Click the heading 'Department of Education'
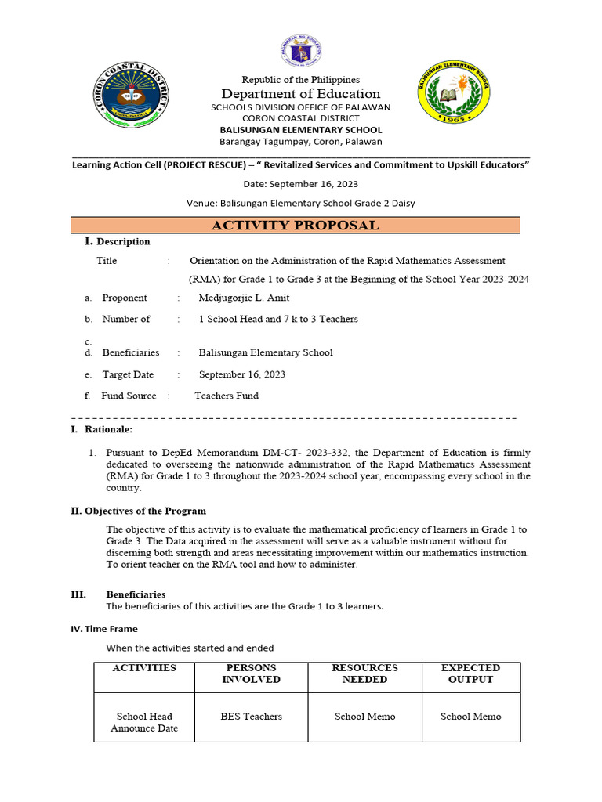pos(301,94)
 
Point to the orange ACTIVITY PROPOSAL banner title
pos(295,226)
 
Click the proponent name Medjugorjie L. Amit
pos(245,298)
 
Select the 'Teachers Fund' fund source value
pos(227,396)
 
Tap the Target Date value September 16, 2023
pos(242,374)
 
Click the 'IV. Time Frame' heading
pos(104,628)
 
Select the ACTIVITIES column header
pos(144,668)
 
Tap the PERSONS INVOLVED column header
pos(251,674)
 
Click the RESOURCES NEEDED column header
pos(364,674)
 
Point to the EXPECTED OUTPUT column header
pos(470,674)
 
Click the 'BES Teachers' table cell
pos(251,717)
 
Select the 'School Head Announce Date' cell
pos(144,722)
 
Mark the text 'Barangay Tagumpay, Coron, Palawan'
pos(301,142)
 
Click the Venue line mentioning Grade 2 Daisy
pos(301,204)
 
